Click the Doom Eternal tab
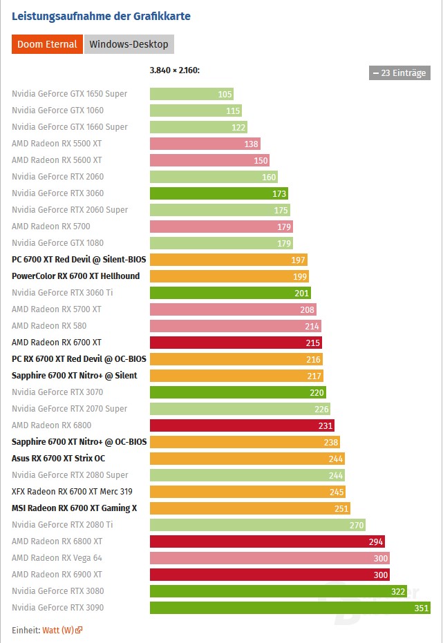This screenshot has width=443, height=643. pos(47,44)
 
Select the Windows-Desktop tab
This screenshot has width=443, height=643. pos(129,44)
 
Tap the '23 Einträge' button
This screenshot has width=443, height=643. pos(399,73)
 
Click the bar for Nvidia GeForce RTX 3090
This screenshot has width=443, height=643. pos(290,608)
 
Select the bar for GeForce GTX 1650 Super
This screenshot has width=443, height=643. pos(191,94)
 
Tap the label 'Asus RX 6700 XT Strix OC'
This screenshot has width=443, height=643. pos(58,459)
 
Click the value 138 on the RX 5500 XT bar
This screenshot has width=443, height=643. pos(251,144)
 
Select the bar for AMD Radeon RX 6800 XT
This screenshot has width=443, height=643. pos(267,541)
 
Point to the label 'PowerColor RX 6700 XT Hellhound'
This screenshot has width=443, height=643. pos(75,276)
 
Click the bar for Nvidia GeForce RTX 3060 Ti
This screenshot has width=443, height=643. pos(230,293)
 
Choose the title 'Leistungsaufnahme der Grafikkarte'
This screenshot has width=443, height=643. pos(101,16)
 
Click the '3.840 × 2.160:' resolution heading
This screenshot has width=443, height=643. pos(175,70)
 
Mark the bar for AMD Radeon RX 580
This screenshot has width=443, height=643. pos(235,326)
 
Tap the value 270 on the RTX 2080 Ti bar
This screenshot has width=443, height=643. pos(357,525)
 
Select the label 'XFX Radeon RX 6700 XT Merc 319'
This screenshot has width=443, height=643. pos(72,492)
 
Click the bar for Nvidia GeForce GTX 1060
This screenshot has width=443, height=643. pos(195,111)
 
